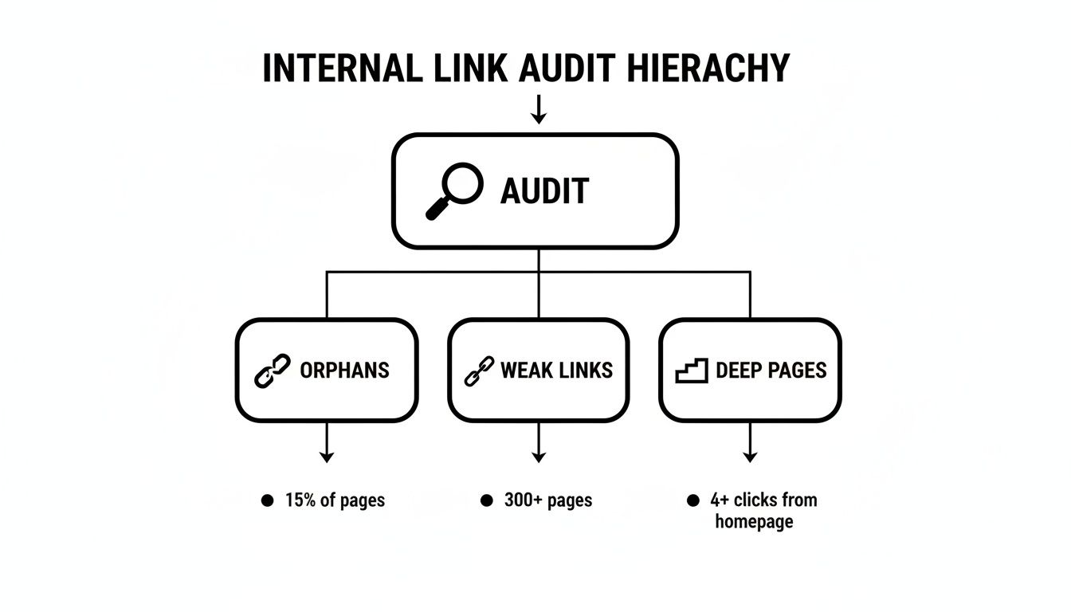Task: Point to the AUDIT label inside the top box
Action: click(544, 192)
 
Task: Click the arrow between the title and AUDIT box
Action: click(539, 109)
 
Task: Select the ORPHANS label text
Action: click(344, 371)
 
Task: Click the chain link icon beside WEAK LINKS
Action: click(478, 371)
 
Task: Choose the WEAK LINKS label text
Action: click(556, 371)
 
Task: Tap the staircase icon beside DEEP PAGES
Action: click(691, 371)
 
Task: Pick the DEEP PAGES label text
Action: click(771, 371)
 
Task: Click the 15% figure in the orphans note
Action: click(300, 500)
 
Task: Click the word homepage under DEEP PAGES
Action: click(754, 522)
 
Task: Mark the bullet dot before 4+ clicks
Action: click(692, 500)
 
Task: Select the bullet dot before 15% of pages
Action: click(267, 500)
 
